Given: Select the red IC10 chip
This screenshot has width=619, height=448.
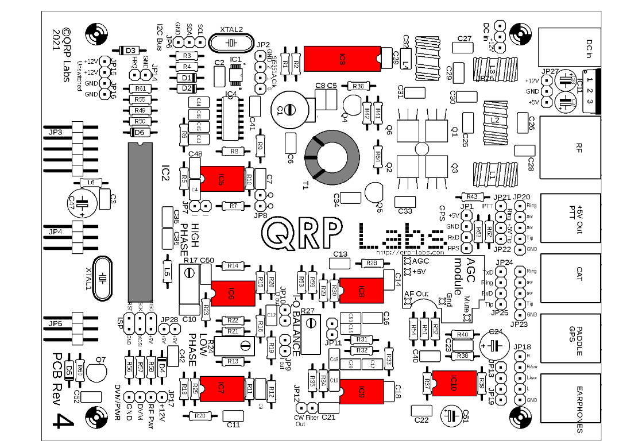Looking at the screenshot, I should (454, 383).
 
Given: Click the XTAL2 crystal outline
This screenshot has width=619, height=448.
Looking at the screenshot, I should (231, 43).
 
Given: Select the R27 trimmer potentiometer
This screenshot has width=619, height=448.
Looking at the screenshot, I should (311, 333).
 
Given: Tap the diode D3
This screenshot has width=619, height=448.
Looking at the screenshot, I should (129, 51).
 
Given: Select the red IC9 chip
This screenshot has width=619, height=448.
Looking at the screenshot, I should (361, 392).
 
